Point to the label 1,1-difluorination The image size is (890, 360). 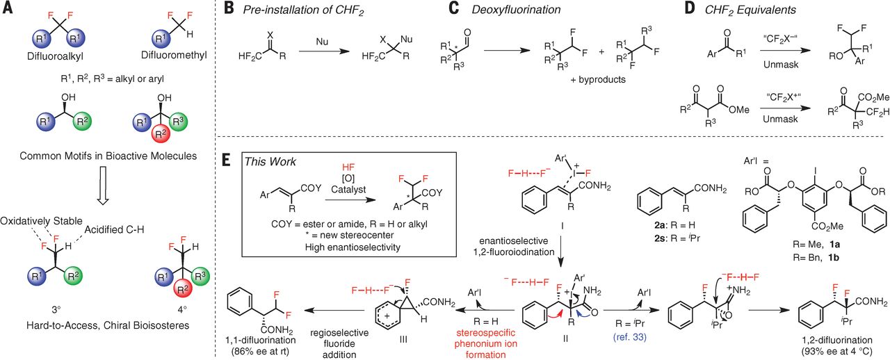pos(259,338)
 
